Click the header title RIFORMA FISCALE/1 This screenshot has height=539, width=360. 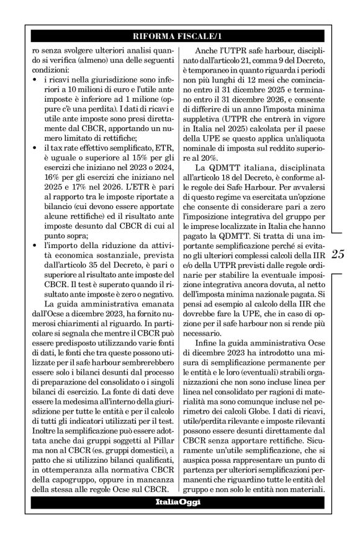pyautogui.click(x=179, y=37)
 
